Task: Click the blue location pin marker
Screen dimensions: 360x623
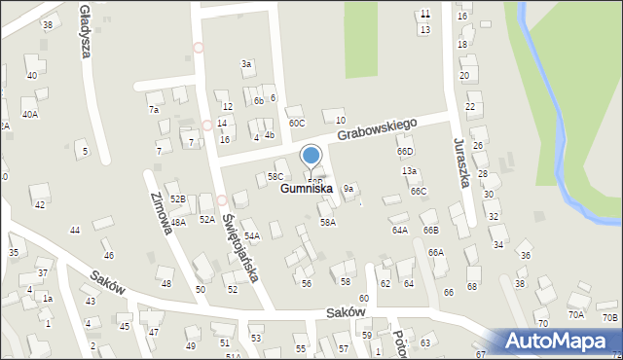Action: (x=311, y=157)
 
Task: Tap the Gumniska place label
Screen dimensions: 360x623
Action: (x=307, y=189)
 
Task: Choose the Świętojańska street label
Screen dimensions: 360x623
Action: (x=239, y=247)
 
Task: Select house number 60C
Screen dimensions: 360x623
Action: (x=296, y=124)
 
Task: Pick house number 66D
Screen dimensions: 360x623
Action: (x=405, y=152)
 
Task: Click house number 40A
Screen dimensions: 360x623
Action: (x=30, y=115)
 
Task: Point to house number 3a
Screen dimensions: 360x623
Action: (x=247, y=64)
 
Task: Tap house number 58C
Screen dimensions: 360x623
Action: (x=275, y=176)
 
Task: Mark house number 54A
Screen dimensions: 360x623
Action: (x=251, y=236)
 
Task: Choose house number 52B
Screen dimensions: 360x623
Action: (x=177, y=198)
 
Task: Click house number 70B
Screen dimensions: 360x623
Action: (x=609, y=317)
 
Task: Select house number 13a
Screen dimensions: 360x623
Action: (x=410, y=171)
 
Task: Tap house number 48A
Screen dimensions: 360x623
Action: (x=177, y=222)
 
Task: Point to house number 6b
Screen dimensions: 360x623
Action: (x=259, y=101)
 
